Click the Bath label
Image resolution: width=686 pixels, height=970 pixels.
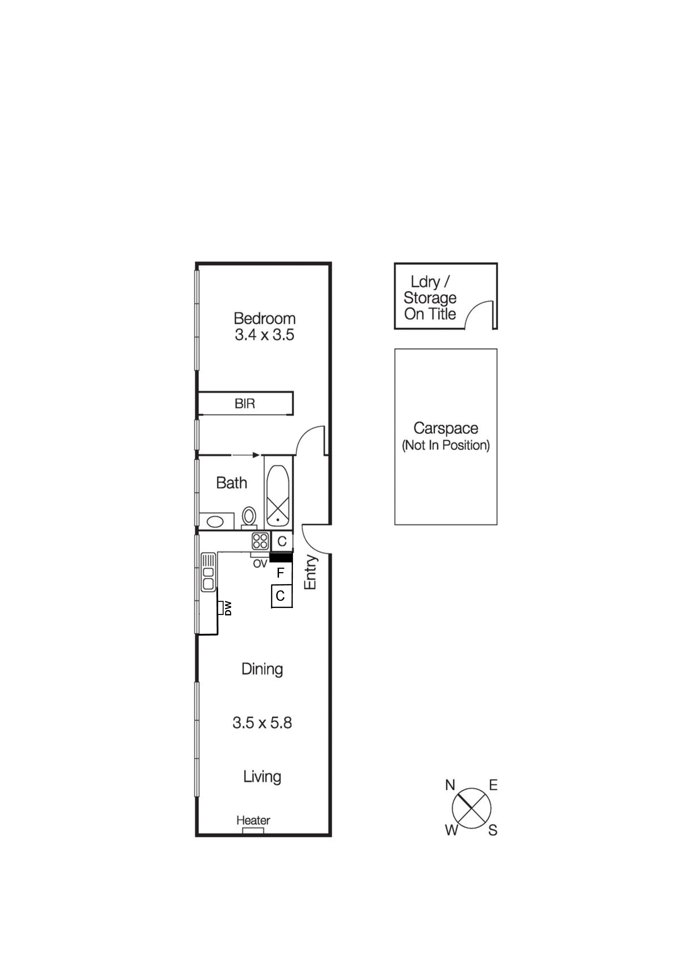(x=231, y=483)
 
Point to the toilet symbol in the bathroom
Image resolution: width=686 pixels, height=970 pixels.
(x=249, y=516)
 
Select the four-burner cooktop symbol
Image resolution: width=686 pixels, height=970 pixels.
(x=260, y=541)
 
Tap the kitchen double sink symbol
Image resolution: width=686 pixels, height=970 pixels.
(x=208, y=572)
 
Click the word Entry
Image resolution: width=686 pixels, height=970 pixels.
(x=311, y=572)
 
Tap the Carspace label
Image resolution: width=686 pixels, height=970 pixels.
(x=446, y=428)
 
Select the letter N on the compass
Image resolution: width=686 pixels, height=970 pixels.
(x=450, y=785)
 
